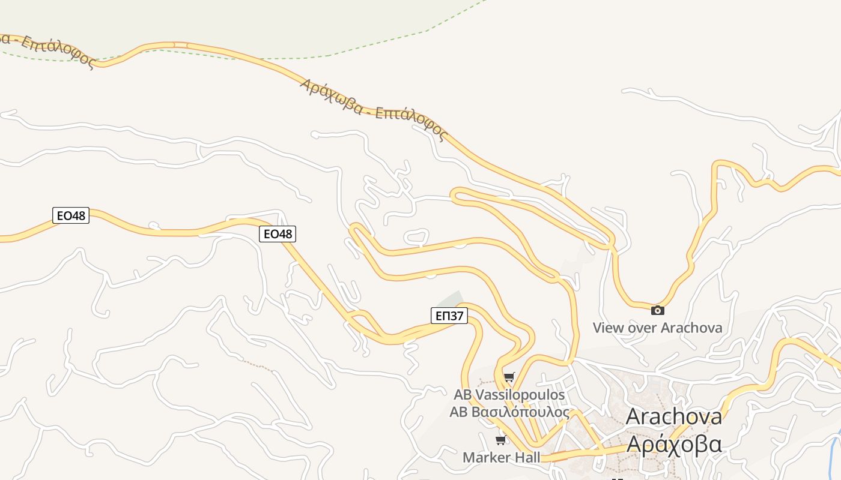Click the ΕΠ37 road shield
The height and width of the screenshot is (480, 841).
(x=449, y=316)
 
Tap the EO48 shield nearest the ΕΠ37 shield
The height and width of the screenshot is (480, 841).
(x=278, y=234)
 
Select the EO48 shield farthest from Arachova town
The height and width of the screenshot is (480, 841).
(x=71, y=215)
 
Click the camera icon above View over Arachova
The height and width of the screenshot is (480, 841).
(x=658, y=310)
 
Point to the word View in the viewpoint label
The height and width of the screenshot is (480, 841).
(x=608, y=328)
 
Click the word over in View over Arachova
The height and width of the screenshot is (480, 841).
(x=642, y=328)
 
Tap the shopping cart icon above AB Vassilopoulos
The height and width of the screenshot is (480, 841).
(x=509, y=377)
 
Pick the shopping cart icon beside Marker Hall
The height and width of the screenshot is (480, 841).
(x=500, y=440)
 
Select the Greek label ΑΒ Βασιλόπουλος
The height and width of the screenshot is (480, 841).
(x=509, y=412)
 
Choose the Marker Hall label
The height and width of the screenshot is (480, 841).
(x=501, y=457)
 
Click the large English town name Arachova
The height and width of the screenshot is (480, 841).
(x=673, y=416)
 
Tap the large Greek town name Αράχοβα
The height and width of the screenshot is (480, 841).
(x=673, y=445)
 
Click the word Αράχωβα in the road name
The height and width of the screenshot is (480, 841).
(x=330, y=96)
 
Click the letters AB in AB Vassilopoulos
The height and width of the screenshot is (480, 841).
(x=463, y=395)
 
